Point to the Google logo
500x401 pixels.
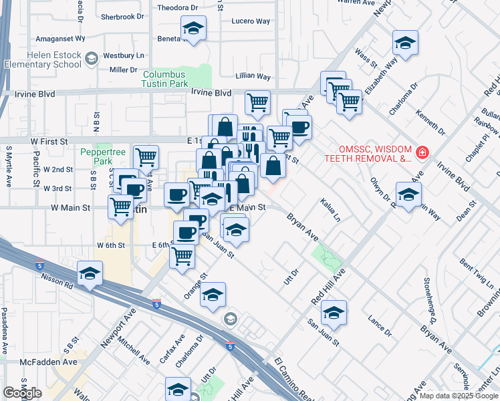[x=22, y=393]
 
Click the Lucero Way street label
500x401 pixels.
[x=251, y=21]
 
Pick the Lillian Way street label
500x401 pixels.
[x=253, y=77]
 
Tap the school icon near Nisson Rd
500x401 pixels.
[x=89, y=274]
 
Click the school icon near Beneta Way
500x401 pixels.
[x=193, y=29]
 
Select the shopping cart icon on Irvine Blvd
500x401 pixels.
[x=257, y=102]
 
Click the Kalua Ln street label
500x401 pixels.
[x=330, y=209]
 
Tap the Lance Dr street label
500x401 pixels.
[x=380, y=327]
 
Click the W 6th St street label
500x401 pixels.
[x=111, y=245]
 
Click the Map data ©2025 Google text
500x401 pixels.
[x=458, y=396]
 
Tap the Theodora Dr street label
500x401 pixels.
[x=178, y=8]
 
